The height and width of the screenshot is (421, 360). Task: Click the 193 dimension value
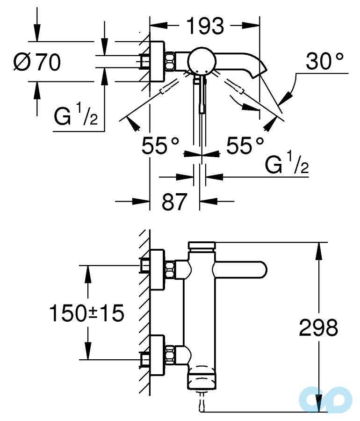pyautogui.click(x=205, y=26)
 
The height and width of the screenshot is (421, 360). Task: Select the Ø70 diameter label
pyautogui.click(x=36, y=62)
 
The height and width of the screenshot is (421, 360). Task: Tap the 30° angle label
pyautogui.click(x=325, y=61)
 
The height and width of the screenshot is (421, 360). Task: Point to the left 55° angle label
pyautogui.click(x=161, y=146)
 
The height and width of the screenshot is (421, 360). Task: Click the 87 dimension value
pyautogui.click(x=174, y=202)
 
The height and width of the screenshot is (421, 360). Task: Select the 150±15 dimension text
pyautogui.click(x=87, y=313)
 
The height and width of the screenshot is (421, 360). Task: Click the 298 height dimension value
pyautogui.click(x=318, y=327)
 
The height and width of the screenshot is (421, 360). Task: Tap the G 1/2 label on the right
pyautogui.click(x=286, y=165)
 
